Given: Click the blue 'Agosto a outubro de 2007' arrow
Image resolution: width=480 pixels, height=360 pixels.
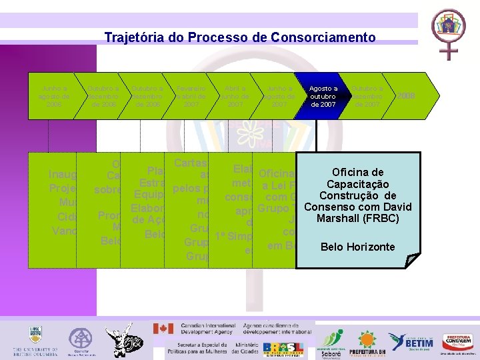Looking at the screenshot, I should [323, 97].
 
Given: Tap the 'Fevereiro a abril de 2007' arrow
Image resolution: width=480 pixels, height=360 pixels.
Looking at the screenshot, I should [191, 97].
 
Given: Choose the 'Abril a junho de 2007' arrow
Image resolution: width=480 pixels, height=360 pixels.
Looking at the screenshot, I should [235, 97].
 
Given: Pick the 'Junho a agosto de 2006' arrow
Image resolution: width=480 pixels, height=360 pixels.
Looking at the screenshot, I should [54, 97].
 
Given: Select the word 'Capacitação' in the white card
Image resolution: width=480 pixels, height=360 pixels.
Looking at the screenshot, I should [359, 184].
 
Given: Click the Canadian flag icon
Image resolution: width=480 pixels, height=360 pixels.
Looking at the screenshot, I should [163, 329].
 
